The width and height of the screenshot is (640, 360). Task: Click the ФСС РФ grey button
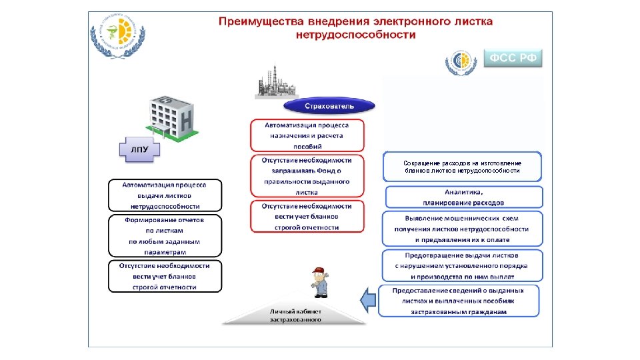[x=513, y=58]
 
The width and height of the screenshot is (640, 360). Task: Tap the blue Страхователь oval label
[x=329, y=106]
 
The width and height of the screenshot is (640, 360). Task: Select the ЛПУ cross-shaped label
[x=139, y=149]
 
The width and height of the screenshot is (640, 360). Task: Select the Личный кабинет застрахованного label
[x=295, y=315]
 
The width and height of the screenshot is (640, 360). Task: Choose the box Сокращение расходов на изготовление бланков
[x=463, y=167]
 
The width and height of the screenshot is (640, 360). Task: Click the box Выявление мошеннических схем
[x=463, y=229]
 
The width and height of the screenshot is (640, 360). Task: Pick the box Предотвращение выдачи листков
[x=463, y=265]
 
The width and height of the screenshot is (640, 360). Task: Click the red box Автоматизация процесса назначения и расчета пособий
[x=307, y=135]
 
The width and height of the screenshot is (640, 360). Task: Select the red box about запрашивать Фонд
[x=307, y=176]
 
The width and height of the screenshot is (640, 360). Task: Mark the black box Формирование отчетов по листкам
[x=165, y=235]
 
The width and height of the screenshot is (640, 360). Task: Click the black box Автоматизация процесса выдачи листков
[x=165, y=195]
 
